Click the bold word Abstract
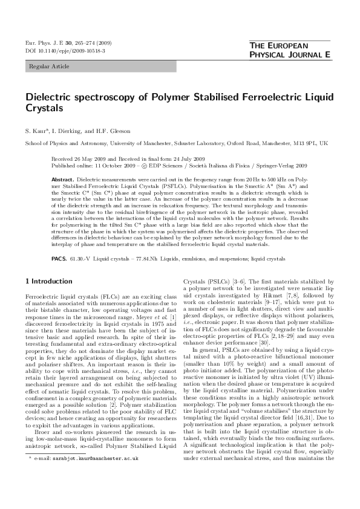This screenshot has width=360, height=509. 64,180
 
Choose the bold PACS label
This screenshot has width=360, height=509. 59,259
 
